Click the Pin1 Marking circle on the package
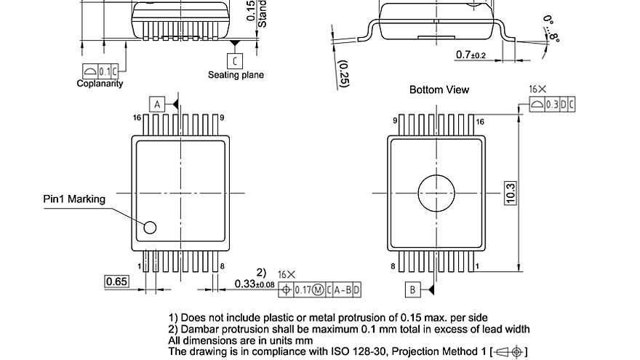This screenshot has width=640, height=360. click(x=150, y=228)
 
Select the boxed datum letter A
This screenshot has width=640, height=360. click(x=157, y=104)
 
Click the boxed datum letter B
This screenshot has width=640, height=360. click(x=412, y=289)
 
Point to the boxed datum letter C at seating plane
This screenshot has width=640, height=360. click(x=235, y=61)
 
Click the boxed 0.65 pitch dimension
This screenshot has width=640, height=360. click(x=117, y=281)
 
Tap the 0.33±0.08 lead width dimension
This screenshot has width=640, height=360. click(x=255, y=284)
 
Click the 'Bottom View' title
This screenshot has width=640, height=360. click(x=439, y=89)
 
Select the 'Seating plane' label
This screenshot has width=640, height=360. click(x=236, y=75)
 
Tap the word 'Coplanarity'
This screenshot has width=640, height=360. click(x=100, y=84)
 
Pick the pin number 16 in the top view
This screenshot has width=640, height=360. click(x=136, y=118)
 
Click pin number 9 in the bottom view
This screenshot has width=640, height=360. click(x=395, y=121)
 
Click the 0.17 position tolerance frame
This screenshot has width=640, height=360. click(x=321, y=290)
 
